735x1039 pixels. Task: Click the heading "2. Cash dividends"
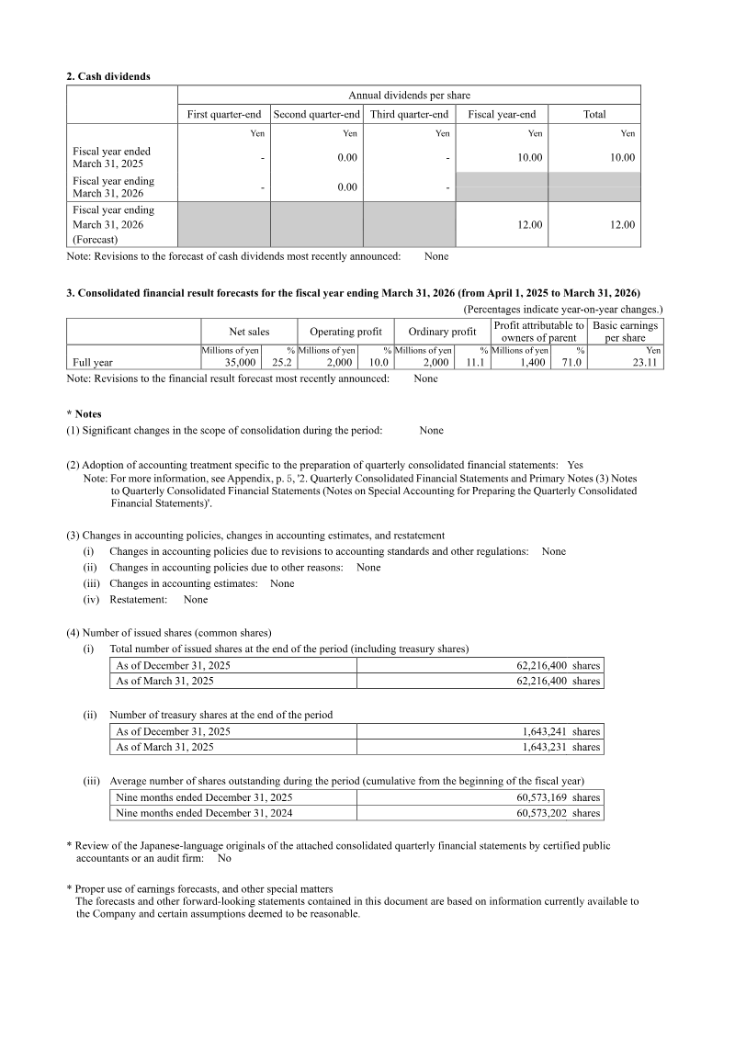pos(108,76)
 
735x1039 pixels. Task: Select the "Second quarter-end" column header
pos(317,114)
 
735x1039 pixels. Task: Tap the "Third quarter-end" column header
pos(410,114)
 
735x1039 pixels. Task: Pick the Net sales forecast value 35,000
pos(240,363)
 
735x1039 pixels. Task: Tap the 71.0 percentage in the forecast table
pos(571,363)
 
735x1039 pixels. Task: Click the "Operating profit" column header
pos(345,332)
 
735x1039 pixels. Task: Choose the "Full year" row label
pos(93,363)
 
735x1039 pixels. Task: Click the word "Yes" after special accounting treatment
pos(575,465)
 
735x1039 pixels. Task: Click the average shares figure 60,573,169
pos(542,797)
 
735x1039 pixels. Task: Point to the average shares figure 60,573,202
pos(542,813)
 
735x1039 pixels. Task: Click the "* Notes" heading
pos(84,414)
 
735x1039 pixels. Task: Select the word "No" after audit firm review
pos(224,858)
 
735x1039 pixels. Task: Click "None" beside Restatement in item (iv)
pos(196,599)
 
